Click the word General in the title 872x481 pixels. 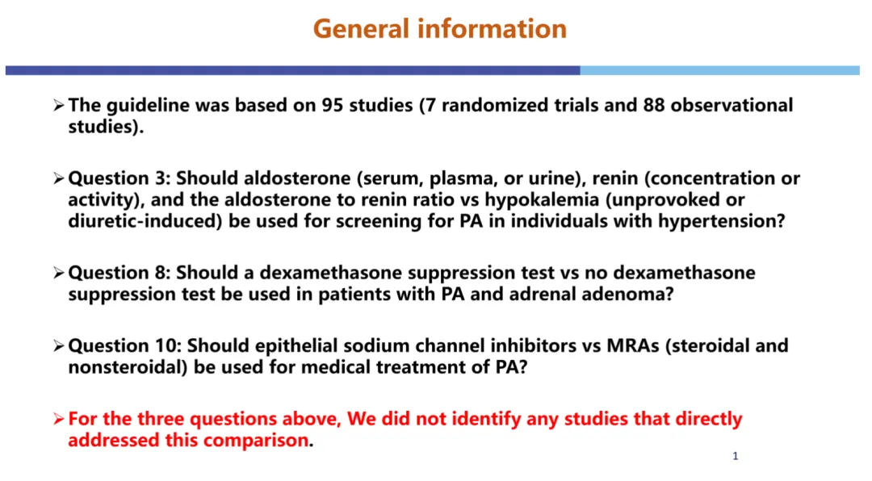(361, 28)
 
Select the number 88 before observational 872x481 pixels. (654, 105)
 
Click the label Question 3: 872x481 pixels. (119, 178)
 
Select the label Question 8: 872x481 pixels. (119, 273)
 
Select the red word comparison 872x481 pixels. (257, 441)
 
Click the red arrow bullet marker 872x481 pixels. (59, 419)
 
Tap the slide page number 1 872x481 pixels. (736, 457)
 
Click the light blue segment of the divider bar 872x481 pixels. (719, 71)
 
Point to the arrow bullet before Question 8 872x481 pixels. (59, 273)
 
